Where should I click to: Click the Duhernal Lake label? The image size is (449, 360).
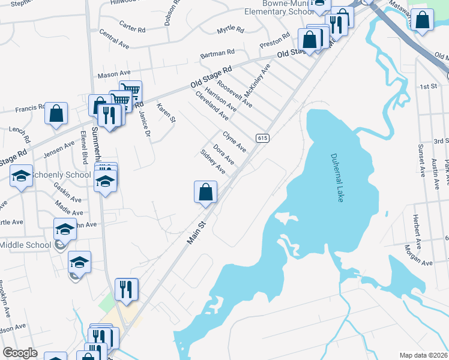point(336,178)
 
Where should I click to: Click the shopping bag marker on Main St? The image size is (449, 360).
point(205,192)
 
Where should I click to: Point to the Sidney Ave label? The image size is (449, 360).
point(212,161)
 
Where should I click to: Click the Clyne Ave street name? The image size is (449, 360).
point(234,142)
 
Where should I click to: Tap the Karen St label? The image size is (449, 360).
point(166,113)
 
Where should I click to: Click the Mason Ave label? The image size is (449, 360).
point(114,75)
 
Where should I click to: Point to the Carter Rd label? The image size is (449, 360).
point(132,26)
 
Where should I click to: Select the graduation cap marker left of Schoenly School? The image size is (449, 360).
point(21,176)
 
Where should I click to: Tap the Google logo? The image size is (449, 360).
point(20,353)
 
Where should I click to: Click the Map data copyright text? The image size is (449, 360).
point(423,355)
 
